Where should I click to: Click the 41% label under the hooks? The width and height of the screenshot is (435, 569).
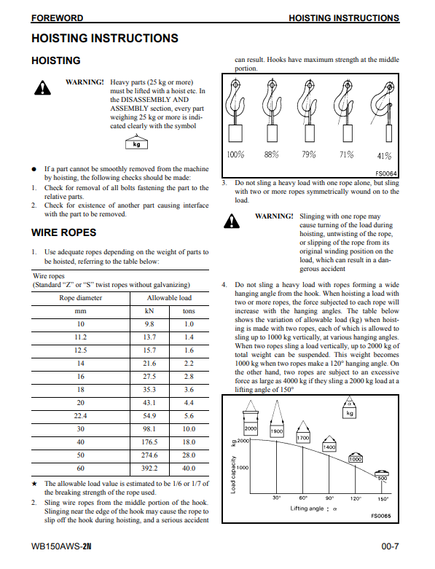[384, 156]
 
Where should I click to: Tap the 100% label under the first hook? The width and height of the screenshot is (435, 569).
[235, 154]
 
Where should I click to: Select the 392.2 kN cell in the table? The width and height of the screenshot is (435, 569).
[149, 468]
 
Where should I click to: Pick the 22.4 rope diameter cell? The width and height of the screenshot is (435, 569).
[81, 416]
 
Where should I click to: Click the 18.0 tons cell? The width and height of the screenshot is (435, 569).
[189, 442]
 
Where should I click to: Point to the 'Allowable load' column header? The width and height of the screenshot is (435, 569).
[169, 298]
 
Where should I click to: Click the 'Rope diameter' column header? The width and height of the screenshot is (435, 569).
[81, 298]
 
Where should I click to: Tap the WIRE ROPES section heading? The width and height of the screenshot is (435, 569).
[64, 232]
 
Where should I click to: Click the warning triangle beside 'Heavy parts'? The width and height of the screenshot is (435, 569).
[42, 88]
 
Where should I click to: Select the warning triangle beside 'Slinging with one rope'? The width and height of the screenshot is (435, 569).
[232, 221]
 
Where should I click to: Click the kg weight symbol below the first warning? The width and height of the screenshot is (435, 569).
[136, 143]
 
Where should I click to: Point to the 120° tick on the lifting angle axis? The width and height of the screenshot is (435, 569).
[355, 498]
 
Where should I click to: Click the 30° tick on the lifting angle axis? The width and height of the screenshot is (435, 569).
[276, 498]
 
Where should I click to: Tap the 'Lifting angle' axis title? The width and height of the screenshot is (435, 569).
[313, 509]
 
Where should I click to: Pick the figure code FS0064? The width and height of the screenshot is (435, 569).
[386, 174]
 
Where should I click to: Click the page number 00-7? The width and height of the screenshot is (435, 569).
[390, 546]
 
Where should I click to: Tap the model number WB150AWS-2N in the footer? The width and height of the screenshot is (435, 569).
[61, 546]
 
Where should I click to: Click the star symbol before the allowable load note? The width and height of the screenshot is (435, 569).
[34, 484]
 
